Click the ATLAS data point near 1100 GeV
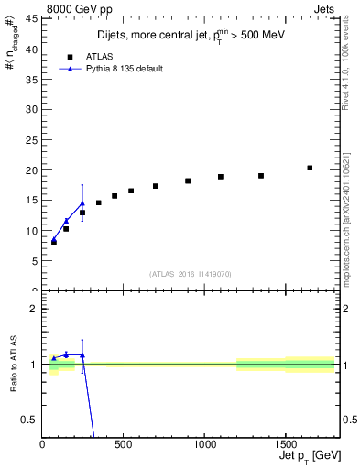(x=221, y=177)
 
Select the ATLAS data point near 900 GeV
(x=188, y=180)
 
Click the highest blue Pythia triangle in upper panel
(x=82, y=203)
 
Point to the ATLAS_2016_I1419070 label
(x=189, y=274)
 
